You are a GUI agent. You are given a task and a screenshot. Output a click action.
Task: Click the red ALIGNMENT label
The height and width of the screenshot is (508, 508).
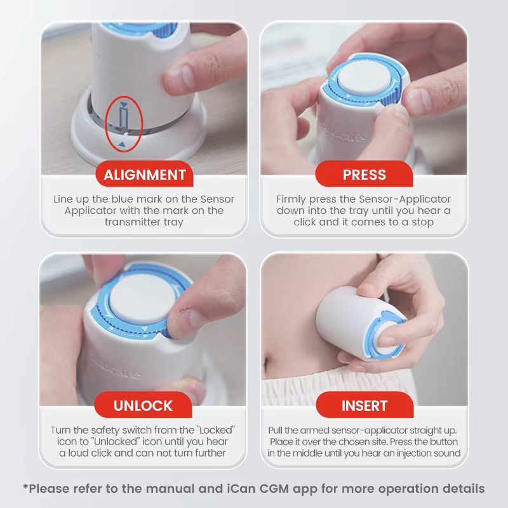145,175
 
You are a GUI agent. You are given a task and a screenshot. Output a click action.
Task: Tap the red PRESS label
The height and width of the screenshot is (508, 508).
364,175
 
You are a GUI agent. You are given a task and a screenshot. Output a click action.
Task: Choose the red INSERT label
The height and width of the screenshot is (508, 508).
364,406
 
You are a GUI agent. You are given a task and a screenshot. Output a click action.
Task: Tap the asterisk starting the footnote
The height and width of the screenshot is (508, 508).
26,488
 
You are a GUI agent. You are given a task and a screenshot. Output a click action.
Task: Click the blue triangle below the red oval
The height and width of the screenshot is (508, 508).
121,146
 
